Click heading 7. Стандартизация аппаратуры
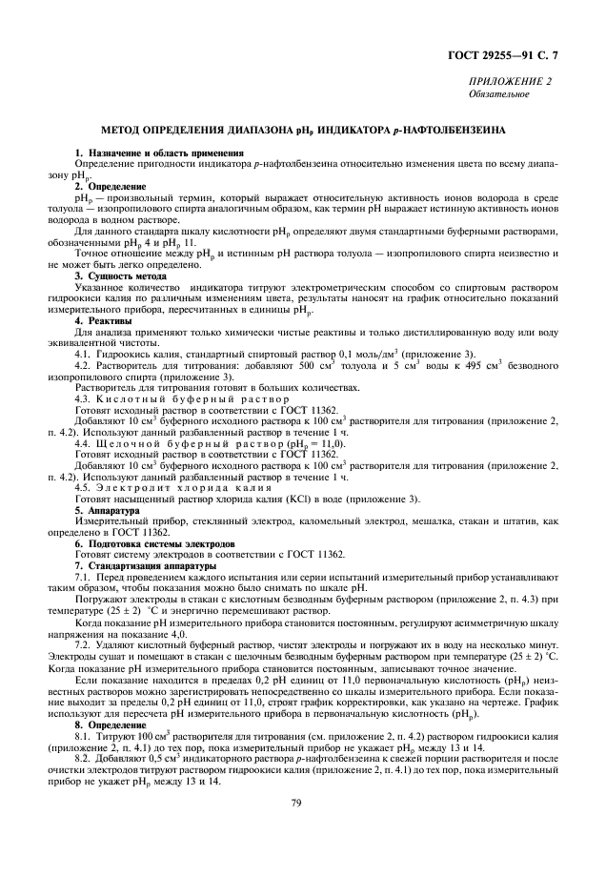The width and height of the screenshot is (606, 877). tap(145, 565)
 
